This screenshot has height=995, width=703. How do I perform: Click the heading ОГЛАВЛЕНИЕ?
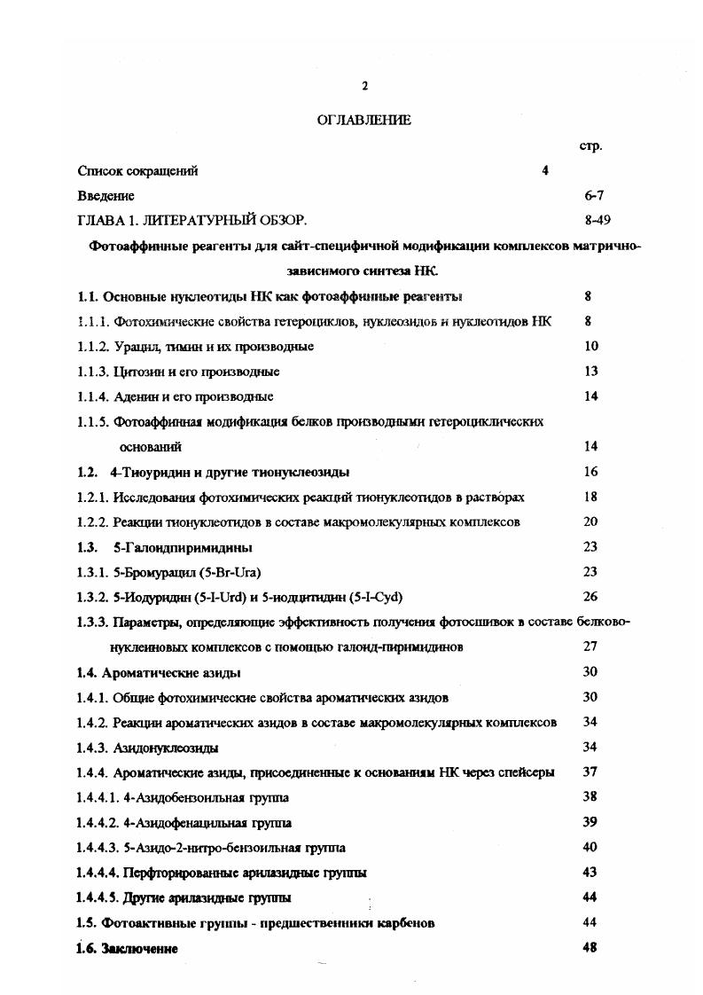363,121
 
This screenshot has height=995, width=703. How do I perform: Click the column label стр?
590,145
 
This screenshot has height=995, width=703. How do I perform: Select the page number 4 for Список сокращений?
545,171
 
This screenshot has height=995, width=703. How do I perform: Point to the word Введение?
106,195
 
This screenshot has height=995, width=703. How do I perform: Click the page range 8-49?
592,219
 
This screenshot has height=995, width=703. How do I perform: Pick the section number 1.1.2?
94,347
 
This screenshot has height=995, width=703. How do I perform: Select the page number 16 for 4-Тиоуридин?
591,472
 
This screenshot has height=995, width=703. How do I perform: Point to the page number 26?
591,597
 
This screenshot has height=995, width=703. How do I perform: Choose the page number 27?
591,647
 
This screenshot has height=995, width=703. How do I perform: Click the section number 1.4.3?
94,748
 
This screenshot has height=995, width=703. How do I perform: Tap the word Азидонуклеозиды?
167,748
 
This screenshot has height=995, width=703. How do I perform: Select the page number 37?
591,772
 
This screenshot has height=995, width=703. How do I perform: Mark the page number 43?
591,873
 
